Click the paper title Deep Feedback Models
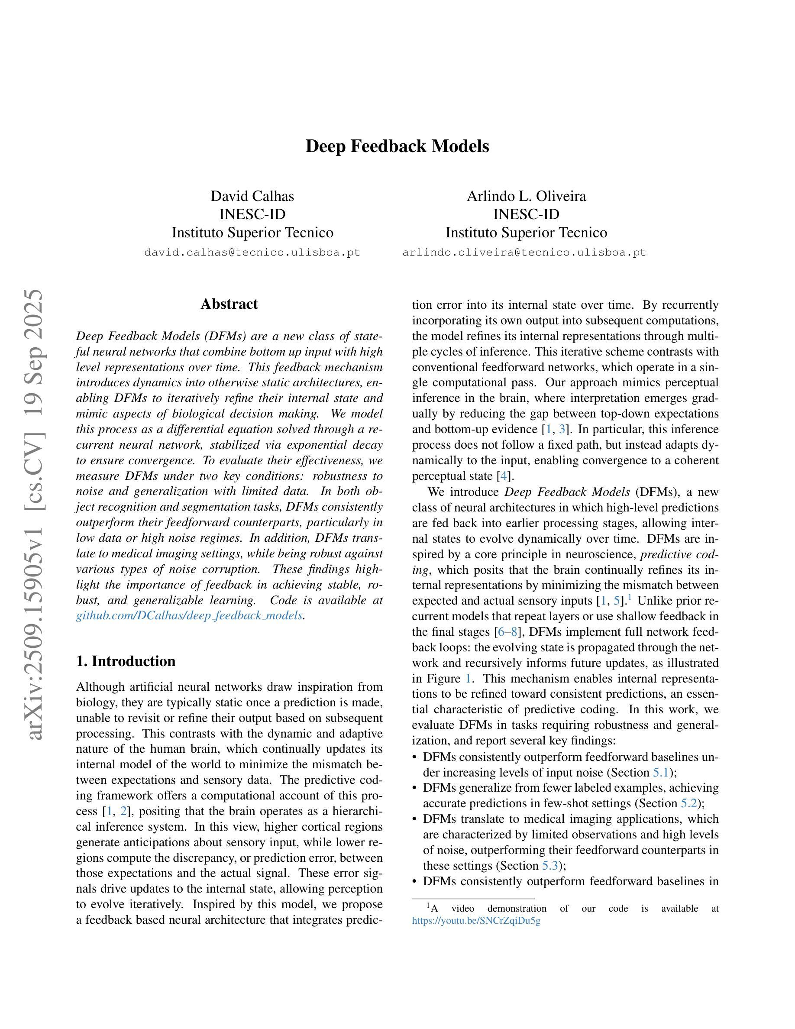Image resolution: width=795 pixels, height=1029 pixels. tap(397, 146)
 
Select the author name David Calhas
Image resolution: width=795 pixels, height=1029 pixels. tap(252, 196)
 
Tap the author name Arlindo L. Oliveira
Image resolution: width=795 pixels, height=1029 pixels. tap(526, 196)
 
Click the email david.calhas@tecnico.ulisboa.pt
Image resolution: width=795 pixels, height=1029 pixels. tap(252, 252)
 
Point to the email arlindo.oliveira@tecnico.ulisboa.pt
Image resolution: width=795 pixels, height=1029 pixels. tap(524, 252)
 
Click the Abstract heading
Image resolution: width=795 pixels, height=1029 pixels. tap(229, 304)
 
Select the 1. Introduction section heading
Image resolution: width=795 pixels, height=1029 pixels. tap(126, 661)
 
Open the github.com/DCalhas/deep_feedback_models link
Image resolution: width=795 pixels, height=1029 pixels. tap(189, 616)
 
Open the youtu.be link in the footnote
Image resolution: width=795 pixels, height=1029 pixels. tap(476, 921)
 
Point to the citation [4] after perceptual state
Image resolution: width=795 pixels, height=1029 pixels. tap(504, 476)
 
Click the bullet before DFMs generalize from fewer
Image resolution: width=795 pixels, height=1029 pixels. tap(414, 788)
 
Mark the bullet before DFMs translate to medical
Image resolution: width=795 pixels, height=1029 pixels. tap(414, 819)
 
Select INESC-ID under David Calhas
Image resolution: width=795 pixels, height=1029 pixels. tap(252, 214)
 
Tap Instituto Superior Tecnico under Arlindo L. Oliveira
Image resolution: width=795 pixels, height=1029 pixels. tap(526, 233)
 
